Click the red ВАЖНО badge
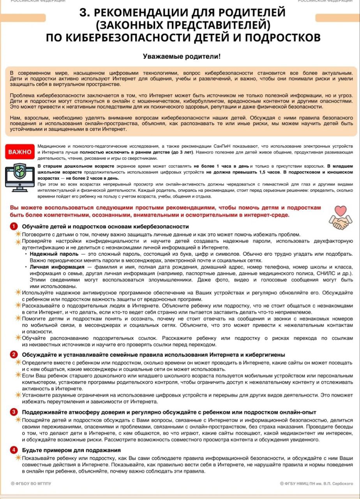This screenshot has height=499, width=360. click(x=20, y=152)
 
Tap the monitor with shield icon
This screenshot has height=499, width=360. click(x=19, y=177)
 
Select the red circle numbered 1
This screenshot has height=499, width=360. click(x=14, y=226)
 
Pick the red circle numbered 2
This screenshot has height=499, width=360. click(x=14, y=354)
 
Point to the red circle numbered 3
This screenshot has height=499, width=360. click(x=14, y=412)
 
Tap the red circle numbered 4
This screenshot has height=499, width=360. click(x=14, y=450)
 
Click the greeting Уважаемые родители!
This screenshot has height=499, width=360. click(x=182, y=57)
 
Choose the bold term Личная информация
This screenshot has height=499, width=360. click(x=57, y=267)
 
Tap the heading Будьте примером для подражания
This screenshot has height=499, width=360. click(x=71, y=450)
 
